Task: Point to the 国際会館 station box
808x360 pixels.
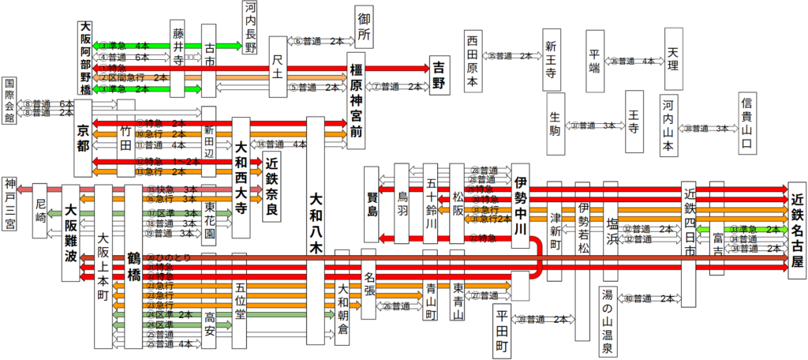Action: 10,101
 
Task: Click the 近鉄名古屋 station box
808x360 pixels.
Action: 796,226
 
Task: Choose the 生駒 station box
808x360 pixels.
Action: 556,124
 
